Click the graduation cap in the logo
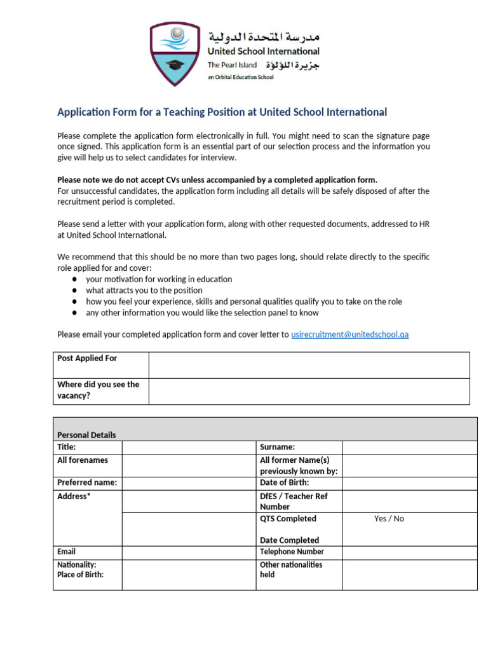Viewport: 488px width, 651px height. click(x=173, y=65)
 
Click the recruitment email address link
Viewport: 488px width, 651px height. click(x=349, y=334)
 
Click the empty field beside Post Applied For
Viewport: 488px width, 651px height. click(x=309, y=365)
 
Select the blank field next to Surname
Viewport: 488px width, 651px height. click(x=409, y=447)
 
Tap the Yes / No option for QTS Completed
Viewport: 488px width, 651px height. click(x=389, y=519)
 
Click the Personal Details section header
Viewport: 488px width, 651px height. click(x=87, y=435)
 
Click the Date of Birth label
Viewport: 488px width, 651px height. click(x=284, y=483)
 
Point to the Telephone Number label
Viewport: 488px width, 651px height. click(x=292, y=552)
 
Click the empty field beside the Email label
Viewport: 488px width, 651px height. click(x=189, y=552)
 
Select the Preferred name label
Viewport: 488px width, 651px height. click(x=87, y=483)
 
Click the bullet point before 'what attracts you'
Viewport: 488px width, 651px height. click(x=75, y=291)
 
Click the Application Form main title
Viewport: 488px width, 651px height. click(x=222, y=113)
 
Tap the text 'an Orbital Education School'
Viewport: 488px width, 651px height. click(x=240, y=78)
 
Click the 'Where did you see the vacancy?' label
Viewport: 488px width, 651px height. click(x=98, y=390)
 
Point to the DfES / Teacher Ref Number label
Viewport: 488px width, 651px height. click(x=294, y=501)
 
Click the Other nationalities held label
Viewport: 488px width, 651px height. click(x=291, y=569)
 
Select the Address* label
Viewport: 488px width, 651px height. click(x=74, y=496)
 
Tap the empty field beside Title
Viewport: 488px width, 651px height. click(x=189, y=447)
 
